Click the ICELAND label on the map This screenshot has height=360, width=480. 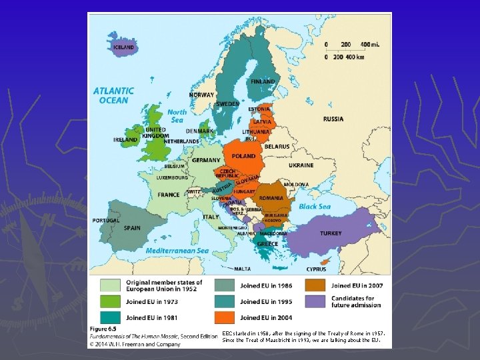[123, 47]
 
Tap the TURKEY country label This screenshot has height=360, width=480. [331, 233]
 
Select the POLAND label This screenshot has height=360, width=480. [243, 156]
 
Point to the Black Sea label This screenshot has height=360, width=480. [315, 207]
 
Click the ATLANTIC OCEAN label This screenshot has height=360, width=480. [113, 95]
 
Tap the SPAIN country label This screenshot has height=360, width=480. [132, 227]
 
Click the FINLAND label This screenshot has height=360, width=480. [263, 81]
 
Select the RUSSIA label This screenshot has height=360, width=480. [333, 119]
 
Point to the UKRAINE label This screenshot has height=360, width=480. [301, 165]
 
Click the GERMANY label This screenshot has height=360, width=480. [206, 161]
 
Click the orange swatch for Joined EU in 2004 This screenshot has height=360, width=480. [223, 318]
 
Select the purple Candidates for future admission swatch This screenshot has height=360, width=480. [316, 301]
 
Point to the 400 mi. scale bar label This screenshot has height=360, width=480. [371, 45]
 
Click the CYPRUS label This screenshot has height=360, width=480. [316, 269]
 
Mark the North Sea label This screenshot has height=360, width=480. [177, 116]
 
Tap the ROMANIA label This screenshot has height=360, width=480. [271, 198]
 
